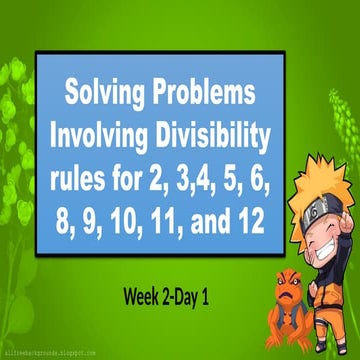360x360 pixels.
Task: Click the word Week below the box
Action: click(147, 269)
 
